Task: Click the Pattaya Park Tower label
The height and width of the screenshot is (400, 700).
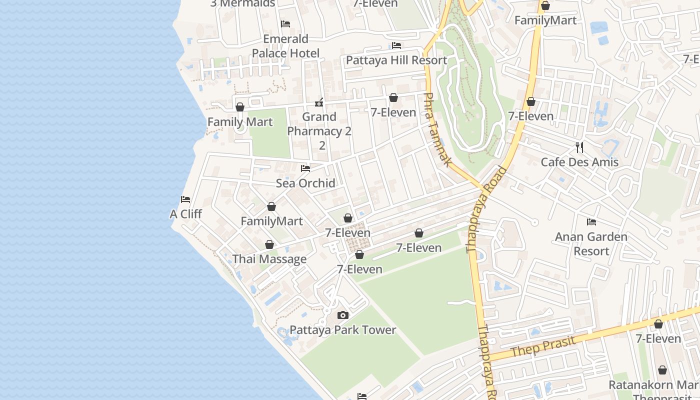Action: [343, 330]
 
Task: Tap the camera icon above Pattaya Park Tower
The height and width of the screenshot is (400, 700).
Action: [342, 315]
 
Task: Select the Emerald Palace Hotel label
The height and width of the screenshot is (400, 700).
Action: [285, 46]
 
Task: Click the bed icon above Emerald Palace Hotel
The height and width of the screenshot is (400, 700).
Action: [285, 23]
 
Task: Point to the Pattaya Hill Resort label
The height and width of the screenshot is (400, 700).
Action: [396, 60]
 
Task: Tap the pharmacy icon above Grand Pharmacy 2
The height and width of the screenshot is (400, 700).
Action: [319, 103]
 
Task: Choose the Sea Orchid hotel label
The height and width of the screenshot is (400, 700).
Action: [305, 183]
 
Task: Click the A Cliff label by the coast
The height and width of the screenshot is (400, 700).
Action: [185, 214]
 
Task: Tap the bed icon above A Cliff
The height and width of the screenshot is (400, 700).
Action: [185, 199]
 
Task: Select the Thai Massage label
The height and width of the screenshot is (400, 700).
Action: [269, 259]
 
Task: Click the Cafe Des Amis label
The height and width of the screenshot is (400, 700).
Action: [579, 162]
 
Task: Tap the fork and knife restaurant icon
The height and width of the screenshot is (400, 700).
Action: [579, 147]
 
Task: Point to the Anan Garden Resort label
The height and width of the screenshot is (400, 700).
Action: [591, 243]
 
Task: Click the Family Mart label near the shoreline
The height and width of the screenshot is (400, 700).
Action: [240, 122]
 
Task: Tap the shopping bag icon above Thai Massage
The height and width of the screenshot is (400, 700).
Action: [269, 244]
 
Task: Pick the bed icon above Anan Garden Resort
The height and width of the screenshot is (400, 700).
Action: [591, 221]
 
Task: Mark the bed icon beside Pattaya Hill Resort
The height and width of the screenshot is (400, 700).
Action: [396, 45]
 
